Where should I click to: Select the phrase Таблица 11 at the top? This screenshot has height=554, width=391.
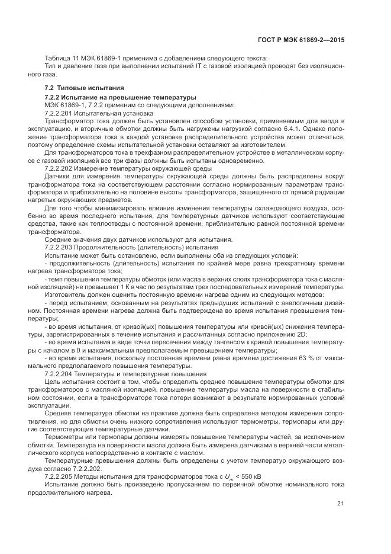[x=60, y=58]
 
